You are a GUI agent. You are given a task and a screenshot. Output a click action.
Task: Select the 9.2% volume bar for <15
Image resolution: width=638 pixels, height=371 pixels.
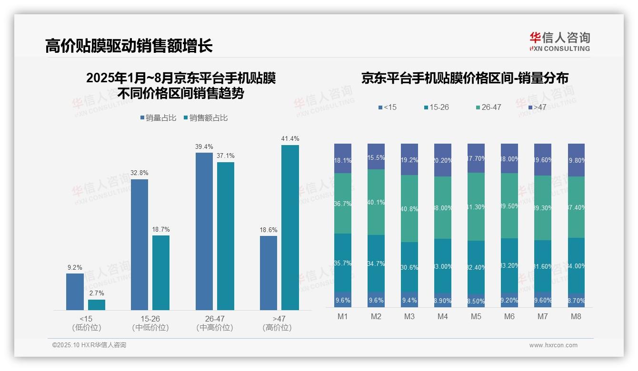pyautogui.click(x=75, y=292)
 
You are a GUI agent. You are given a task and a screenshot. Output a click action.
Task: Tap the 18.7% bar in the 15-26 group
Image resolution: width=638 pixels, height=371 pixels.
pyautogui.click(x=161, y=273)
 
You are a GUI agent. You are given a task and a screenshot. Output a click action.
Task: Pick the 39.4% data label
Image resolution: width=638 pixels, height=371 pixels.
pyautogui.click(x=204, y=146)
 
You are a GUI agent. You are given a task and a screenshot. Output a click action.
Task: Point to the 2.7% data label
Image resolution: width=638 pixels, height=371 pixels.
pyautogui.click(x=97, y=293)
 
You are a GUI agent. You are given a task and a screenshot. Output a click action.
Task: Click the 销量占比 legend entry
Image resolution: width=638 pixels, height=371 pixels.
pyautogui.click(x=157, y=118)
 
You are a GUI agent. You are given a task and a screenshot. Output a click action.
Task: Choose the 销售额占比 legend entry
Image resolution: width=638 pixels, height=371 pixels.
pyautogui.click(x=205, y=118)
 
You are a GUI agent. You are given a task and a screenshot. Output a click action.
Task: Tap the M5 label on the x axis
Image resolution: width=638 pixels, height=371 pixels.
pyautogui.click(x=476, y=317)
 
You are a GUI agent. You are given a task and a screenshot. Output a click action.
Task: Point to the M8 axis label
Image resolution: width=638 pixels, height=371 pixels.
pyautogui.click(x=576, y=317)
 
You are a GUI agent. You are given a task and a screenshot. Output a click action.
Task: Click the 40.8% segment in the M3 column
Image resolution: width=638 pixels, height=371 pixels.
pyautogui.click(x=409, y=208)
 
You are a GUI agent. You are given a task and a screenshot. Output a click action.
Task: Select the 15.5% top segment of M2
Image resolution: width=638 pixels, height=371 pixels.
pyautogui.click(x=376, y=156)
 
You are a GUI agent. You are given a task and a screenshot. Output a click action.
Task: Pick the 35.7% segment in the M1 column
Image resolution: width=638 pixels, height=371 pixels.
pyautogui.click(x=343, y=263)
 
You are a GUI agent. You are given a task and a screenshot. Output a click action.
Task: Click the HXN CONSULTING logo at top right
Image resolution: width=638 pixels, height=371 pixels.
pyautogui.click(x=559, y=42)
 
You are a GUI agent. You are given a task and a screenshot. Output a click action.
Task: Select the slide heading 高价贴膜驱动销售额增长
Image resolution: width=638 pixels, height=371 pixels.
pyautogui.click(x=129, y=46)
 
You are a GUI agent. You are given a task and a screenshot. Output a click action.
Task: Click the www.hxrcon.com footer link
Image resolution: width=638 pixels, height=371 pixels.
pyautogui.click(x=553, y=345)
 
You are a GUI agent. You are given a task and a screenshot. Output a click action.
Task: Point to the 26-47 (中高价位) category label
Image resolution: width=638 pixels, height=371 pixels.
pyautogui.click(x=215, y=323)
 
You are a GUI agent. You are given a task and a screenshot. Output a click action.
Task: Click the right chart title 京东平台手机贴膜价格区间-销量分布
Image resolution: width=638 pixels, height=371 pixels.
pyautogui.click(x=465, y=78)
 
